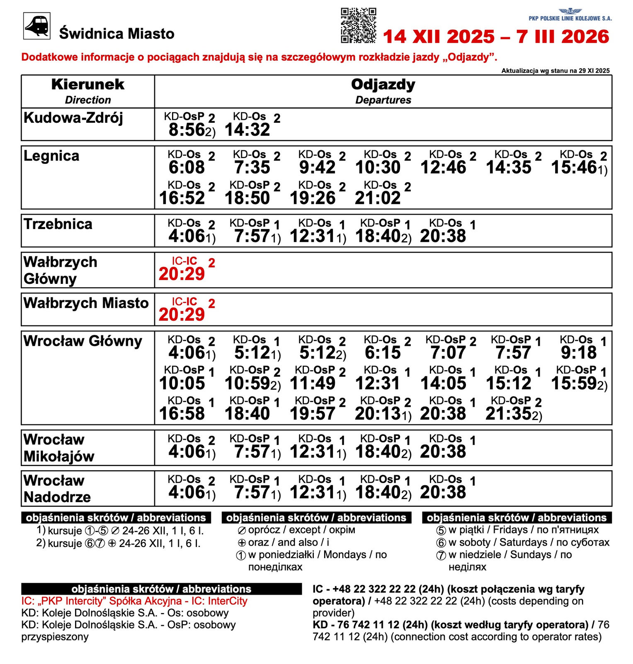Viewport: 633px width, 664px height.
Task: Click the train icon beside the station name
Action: pos(37,26)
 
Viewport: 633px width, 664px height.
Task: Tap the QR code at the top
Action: pos(358,25)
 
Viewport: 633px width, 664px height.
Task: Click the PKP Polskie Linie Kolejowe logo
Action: pos(570,15)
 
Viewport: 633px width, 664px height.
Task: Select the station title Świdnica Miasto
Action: pos(116,34)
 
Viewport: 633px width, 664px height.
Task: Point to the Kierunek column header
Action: pos(87,84)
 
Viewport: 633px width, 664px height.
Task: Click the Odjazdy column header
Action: pos(383,85)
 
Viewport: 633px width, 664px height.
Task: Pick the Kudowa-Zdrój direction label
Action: pos(73,118)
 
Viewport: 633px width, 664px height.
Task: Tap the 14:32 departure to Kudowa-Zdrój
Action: pos(247,130)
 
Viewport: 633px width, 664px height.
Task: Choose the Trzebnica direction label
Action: pos(58,224)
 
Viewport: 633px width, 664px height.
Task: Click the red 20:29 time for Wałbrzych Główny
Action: pos(182,274)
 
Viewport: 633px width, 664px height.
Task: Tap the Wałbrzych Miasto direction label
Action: pos(86,303)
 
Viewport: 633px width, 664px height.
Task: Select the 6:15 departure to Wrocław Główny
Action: pos(383,353)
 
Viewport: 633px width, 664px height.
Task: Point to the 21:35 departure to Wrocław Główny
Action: pos(509,414)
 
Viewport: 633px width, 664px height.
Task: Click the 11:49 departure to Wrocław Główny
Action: pos(313,383)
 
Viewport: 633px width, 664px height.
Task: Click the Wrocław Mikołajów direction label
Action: pos(59,448)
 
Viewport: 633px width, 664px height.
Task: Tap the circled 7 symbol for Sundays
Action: pos(441,555)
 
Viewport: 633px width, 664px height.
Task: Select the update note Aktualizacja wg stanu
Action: pos(555,71)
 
